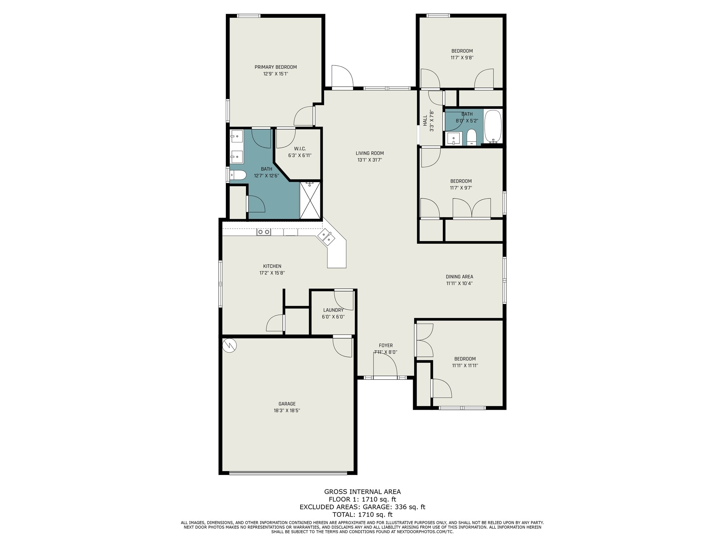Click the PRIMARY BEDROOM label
coord(275,67)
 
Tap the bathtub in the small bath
coord(493,126)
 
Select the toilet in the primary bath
coord(238,175)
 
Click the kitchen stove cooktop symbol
coord(264,232)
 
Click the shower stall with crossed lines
coord(310,200)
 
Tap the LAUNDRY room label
coord(333,310)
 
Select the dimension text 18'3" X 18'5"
coord(287,410)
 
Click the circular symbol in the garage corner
coord(229,345)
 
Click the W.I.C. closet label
coord(300,149)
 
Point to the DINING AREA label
coord(459,277)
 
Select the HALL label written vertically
coord(425,120)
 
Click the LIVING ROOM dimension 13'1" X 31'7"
coord(370,160)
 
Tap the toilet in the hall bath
coord(472,137)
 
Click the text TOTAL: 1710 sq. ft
coord(362,514)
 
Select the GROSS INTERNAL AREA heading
coord(362,492)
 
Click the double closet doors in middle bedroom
coord(472,208)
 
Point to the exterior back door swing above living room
coord(342,76)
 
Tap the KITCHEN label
coord(272,266)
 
